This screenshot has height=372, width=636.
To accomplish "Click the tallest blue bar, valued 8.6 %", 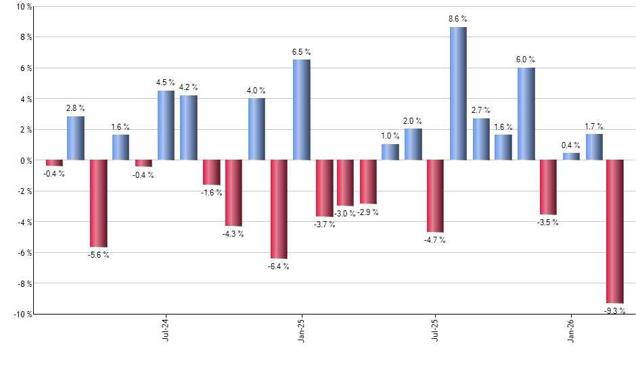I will pyautogui.click(x=458, y=93).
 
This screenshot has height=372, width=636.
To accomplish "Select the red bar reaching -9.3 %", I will pyautogui.click(x=615, y=231).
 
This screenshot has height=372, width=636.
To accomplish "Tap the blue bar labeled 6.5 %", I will pyautogui.click(x=301, y=110).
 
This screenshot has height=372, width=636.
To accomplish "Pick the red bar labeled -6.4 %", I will pyautogui.click(x=279, y=209).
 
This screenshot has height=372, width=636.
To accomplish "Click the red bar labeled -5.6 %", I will pyautogui.click(x=99, y=203).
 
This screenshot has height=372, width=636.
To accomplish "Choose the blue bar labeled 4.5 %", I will pyautogui.click(x=166, y=125).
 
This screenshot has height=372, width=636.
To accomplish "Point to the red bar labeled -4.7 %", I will pyautogui.click(x=435, y=196).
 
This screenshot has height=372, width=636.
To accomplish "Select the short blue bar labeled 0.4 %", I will pyautogui.click(x=571, y=156).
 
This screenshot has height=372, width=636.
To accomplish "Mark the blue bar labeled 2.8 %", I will pyautogui.click(x=76, y=138).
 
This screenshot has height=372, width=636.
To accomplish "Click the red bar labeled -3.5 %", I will pyautogui.click(x=548, y=187).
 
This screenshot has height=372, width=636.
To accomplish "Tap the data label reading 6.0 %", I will pyautogui.click(x=526, y=60).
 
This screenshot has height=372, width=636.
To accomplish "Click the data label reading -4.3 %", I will pyautogui.click(x=233, y=234).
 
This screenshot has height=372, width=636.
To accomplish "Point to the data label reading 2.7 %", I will pyautogui.click(x=480, y=110).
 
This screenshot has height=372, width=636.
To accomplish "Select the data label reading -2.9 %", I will pyautogui.click(x=368, y=212).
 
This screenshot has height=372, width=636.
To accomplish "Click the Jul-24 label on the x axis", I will pyautogui.click(x=166, y=329).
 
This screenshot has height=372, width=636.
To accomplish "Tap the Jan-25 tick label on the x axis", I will pyautogui.click(x=301, y=329).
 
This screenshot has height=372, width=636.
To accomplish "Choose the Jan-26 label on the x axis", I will pyautogui.click(x=571, y=329).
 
